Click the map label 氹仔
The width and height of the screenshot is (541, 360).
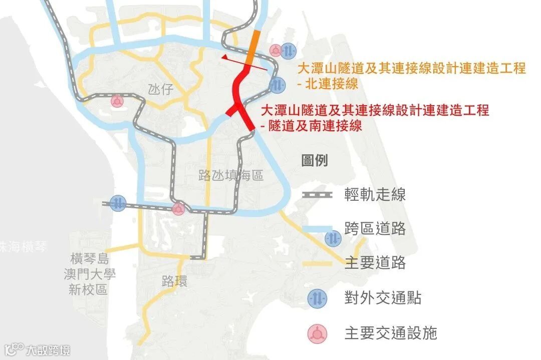[x=161, y=90]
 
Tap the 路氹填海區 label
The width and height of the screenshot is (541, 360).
[x=231, y=175]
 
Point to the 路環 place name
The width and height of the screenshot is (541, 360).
[x=175, y=281]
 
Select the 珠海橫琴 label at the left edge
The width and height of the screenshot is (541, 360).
[x=23, y=247]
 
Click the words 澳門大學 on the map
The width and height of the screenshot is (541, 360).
[x=90, y=274]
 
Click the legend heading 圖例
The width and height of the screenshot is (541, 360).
[x=314, y=161]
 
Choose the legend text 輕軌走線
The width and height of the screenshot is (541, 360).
[x=375, y=195]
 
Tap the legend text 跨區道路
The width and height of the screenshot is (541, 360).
[x=375, y=229]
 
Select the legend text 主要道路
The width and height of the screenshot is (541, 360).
[x=375, y=263]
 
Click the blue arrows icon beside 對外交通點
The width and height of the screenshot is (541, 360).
[x=318, y=298]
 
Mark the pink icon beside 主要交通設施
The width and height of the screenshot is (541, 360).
[x=318, y=332]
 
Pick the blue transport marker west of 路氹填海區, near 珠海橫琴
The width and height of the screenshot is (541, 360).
[x=118, y=203]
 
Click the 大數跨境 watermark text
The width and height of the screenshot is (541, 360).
[x=49, y=349]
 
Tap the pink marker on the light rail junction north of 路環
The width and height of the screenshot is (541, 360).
[x=178, y=209]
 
